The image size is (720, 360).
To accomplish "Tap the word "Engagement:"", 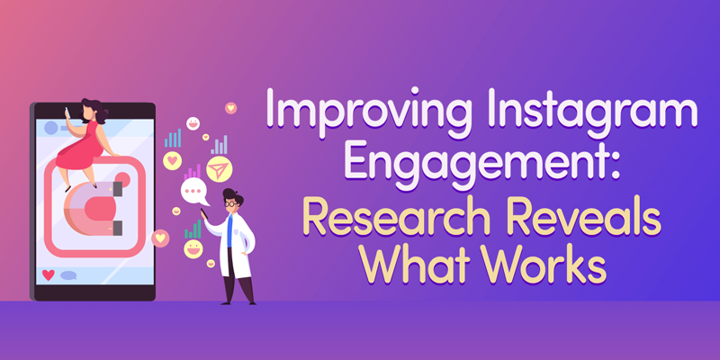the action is (481, 163).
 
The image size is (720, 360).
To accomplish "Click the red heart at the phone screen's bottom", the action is (49, 274).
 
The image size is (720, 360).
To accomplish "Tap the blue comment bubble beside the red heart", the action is (69, 275).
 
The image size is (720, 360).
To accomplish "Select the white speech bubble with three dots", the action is (194, 192).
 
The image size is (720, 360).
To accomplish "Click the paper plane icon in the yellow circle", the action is (219, 169).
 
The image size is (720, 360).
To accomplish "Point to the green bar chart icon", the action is (193, 229).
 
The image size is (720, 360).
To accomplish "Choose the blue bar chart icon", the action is (173, 139).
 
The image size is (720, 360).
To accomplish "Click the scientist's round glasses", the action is (230, 203).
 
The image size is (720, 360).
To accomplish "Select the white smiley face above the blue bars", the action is (193, 123).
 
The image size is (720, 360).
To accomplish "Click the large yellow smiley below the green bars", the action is (193, 249).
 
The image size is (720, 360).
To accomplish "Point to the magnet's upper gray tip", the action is (117, 188).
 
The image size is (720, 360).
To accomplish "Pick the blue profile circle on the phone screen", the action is (51, 128).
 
